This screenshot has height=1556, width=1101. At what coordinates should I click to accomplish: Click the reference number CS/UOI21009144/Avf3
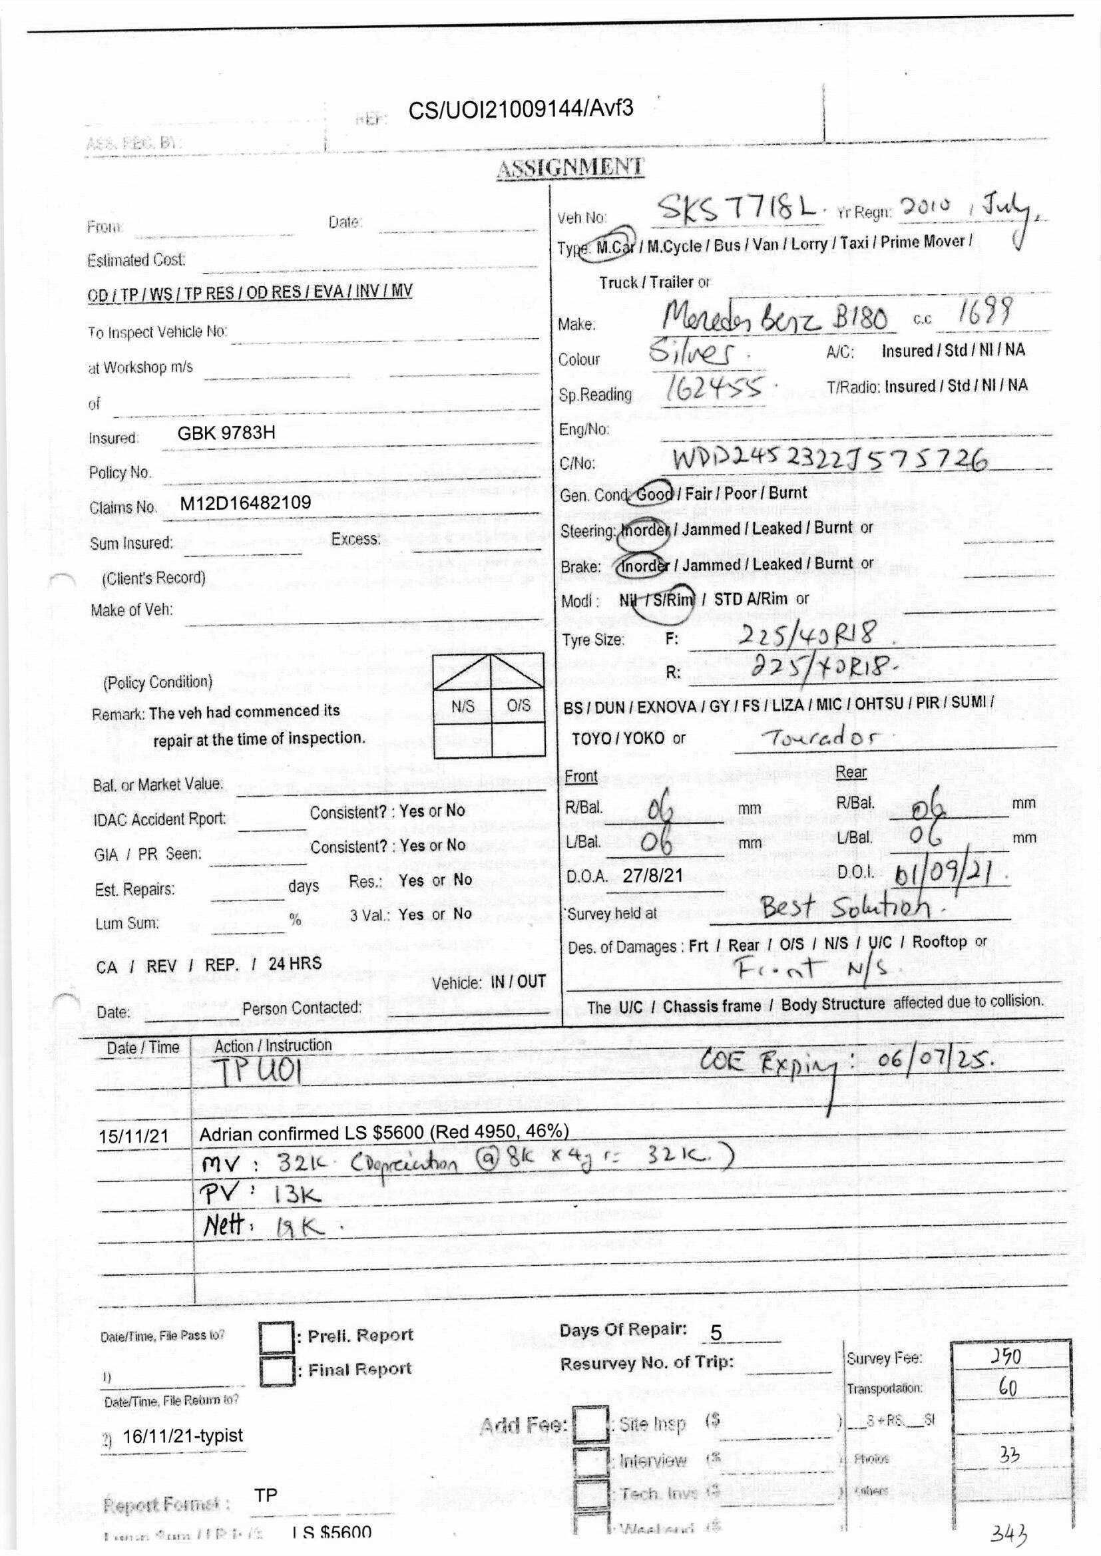[521, 109]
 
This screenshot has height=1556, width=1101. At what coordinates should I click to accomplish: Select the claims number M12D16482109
[246, 503]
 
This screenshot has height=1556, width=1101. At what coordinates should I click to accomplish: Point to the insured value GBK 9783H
[226, 433]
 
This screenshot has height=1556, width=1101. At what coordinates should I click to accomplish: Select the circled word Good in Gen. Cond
[654, 493]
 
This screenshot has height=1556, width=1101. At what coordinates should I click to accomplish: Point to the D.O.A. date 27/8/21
[652, 875]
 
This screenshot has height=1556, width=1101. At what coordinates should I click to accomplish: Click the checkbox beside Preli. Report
[276, 1336]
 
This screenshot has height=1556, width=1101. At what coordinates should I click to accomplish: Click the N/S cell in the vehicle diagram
[463, 705]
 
